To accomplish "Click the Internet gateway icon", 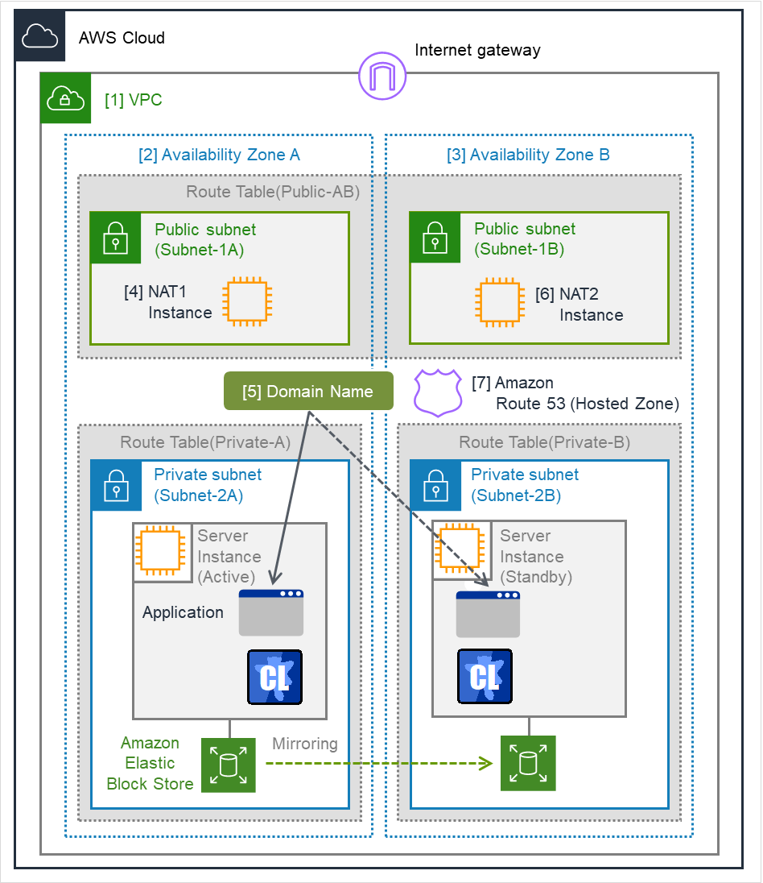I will click(x=382, y=76).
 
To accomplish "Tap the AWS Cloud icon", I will click(x=40, y=36).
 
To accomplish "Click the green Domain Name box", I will click(x=307, y=392).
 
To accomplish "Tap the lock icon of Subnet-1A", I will click(x=115, y=238).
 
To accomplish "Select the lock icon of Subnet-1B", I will click(x=435, y=238).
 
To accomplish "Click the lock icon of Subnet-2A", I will click(x=117, y=486).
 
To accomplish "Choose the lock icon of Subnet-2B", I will click(x=435, y=486).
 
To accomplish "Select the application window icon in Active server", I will click(x=271, y=612).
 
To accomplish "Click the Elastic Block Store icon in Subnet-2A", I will click(x=229, y=765).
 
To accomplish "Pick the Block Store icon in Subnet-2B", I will click(x=528, y=763).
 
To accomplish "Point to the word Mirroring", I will click(x=305, y=743).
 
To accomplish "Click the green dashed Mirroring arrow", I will click(x=378, y=763).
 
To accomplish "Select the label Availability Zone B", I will click(x=528, y=155).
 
